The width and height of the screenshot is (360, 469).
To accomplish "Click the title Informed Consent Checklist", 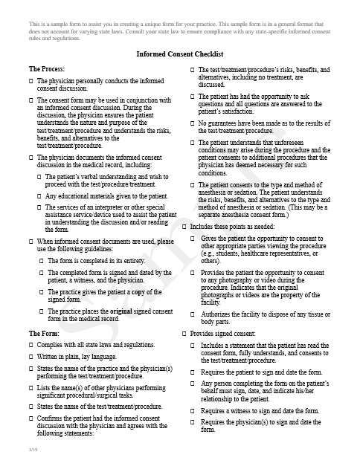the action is pos(179,54).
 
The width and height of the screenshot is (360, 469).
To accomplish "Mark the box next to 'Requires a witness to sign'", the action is pos(193,411).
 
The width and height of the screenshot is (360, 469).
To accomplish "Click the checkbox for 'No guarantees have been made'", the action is pos(193,122).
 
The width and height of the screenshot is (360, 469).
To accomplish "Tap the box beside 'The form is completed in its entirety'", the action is pos(40,261).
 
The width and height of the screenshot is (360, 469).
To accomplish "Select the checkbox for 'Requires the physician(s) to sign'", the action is pos(193,422).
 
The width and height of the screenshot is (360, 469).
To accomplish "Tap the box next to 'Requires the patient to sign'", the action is pos(193,372).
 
